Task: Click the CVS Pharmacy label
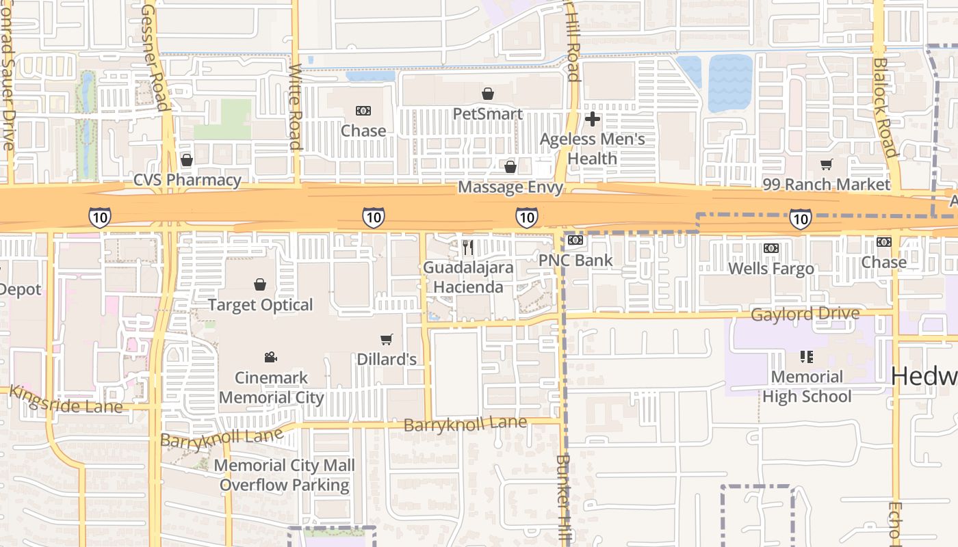(x=187, y=181)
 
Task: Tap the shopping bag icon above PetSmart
(x=488, y=94)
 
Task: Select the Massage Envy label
(x=510, y=187)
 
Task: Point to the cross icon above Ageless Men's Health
(x=593, y=119)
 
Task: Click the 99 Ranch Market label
(x=827, y=185)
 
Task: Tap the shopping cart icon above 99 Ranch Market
(x=827, y=164)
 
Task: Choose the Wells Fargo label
(x=771, y=268)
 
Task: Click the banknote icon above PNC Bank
(x=575, y=241)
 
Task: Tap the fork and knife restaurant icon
(x=468, y=247)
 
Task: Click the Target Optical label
(x=260, y=305)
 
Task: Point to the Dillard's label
(x=387, y=359)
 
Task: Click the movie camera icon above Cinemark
(x=271, y=357)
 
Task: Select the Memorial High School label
(x=807, y=386)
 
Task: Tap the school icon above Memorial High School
(x=807, y=356)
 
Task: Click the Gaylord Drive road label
(x=805, y=315)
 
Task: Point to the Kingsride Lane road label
(x=66, y=401)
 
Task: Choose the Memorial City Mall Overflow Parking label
(x=285, y=475)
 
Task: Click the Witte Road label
(x=296, y=107)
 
